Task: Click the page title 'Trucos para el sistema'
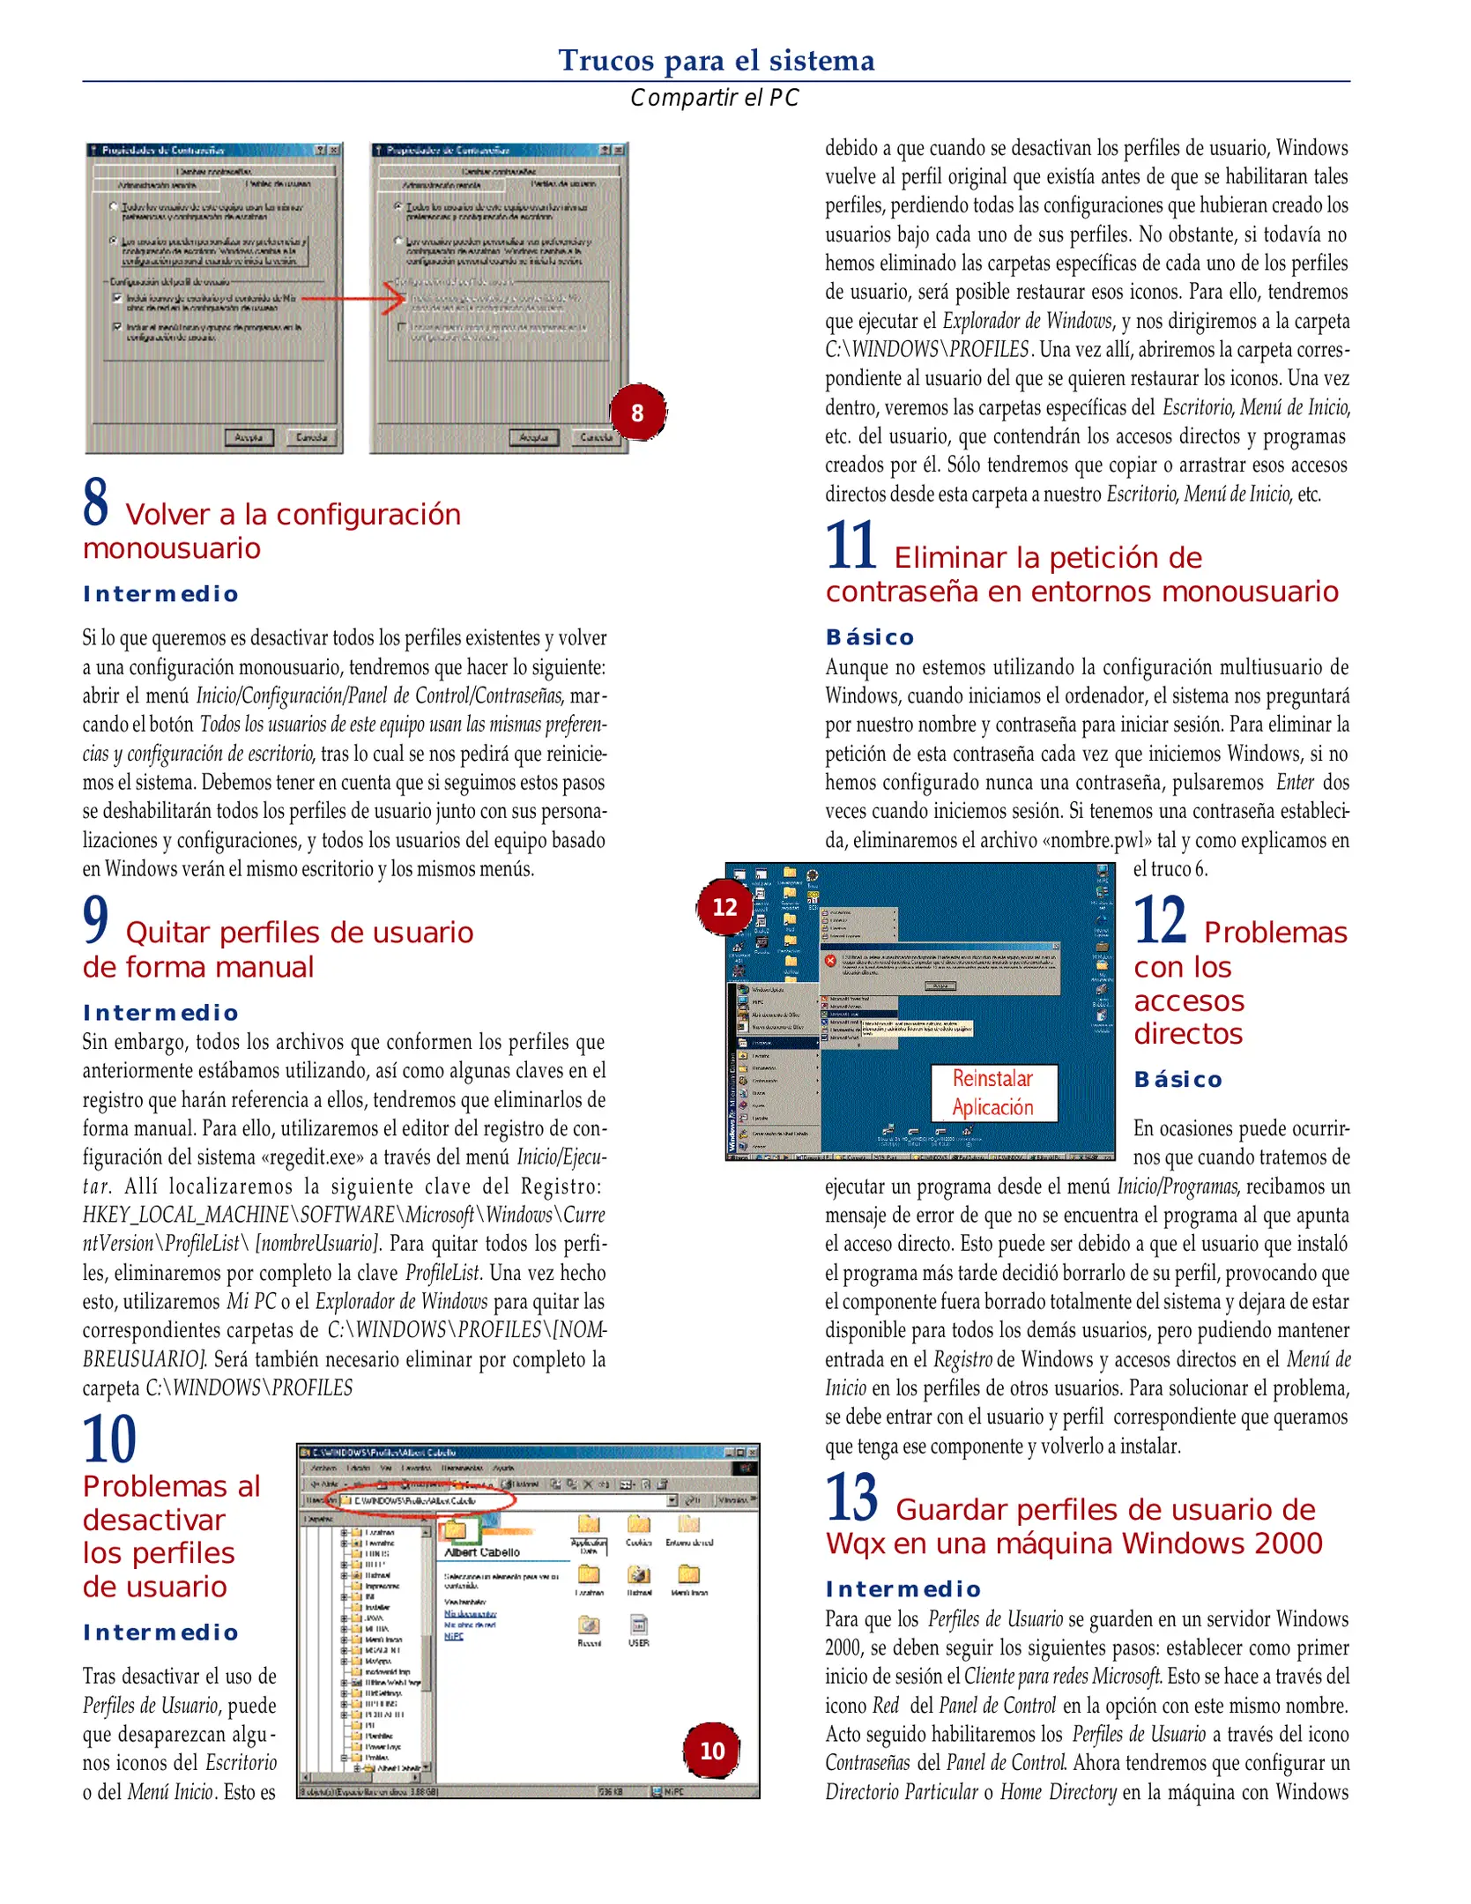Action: (x=716, y=60)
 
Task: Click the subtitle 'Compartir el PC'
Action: (x=714, y=98)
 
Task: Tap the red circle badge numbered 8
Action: (x=637, y=413)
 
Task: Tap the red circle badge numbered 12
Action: (x=724, y=906)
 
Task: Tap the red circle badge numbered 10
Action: (x=711, y=1750)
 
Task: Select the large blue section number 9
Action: (x=95, y=919)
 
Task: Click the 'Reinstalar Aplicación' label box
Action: (x=992, y=1092)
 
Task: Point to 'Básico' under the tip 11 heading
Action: (x=870, y=637)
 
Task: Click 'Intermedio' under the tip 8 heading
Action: (x=160, y=594)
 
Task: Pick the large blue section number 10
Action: (x=109, y=1439)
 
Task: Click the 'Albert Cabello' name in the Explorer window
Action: (x=482, y=1551)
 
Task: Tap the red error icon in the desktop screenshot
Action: (x=829, y=961)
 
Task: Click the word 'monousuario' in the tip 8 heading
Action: (x=172, y=548)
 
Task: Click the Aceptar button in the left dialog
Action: (x=249, y=437)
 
